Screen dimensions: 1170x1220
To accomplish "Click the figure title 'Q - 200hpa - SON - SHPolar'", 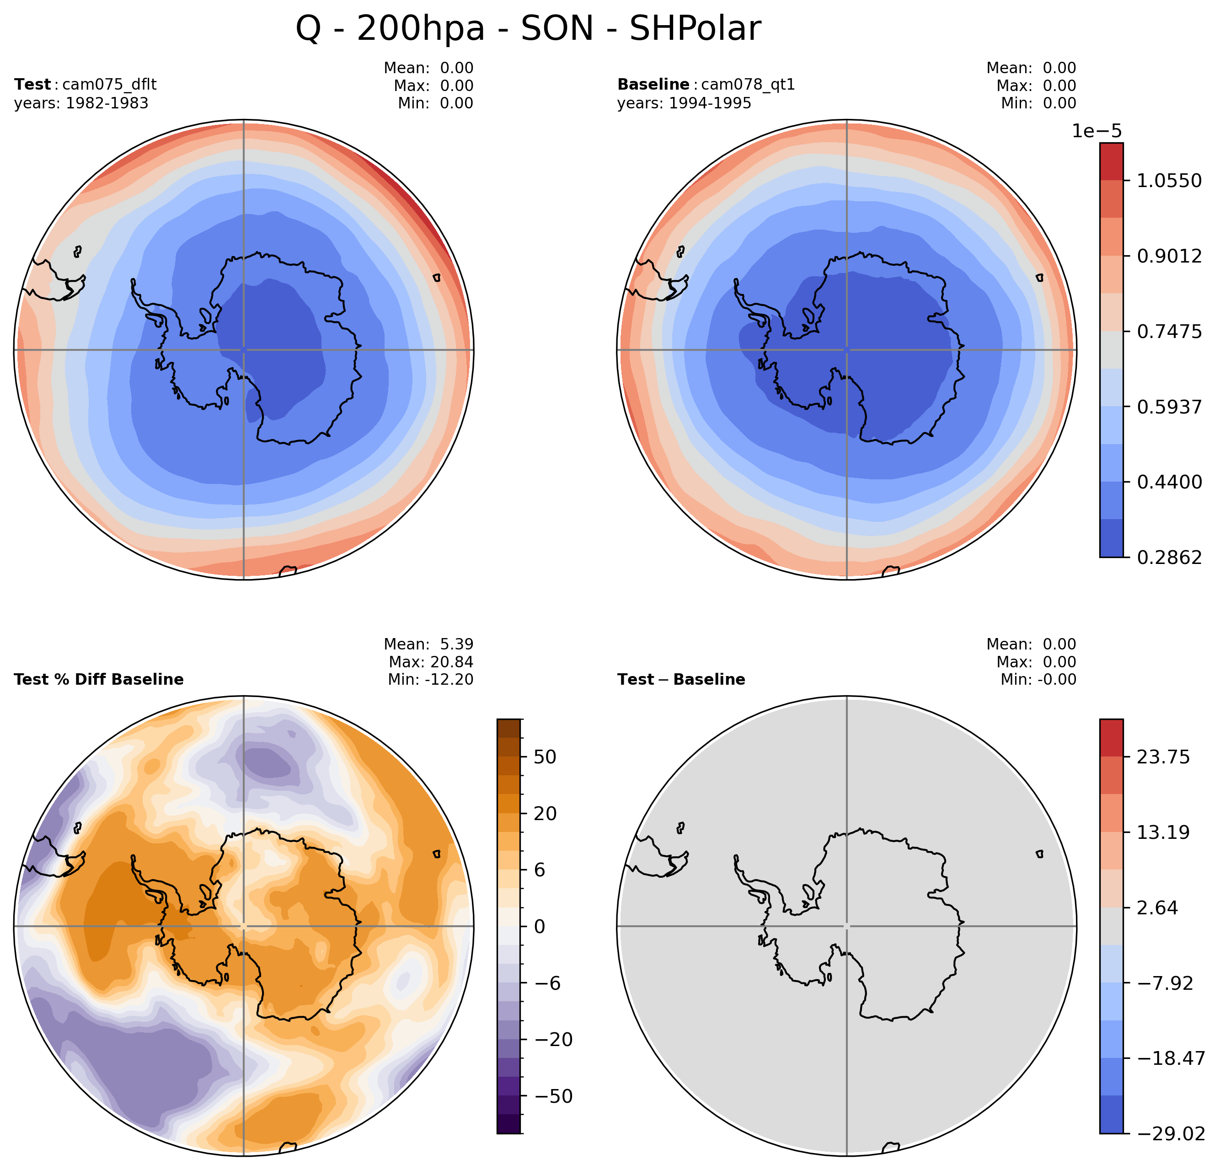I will click(528, 29).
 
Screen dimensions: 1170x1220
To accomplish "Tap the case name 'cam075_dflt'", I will click(110, 84).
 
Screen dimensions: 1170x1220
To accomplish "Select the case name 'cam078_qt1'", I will click(748, 84).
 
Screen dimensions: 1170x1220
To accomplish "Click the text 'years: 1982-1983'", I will click(81, 103).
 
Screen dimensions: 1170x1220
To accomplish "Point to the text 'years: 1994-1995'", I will click(684, 103).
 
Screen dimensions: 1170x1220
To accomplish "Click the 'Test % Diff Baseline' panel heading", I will click(99, 679).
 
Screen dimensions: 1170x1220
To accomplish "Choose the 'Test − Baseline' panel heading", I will click(681, 679).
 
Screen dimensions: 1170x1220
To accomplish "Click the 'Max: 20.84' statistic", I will click(431, 662).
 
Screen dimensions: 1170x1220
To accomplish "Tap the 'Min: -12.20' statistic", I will click(430, 679).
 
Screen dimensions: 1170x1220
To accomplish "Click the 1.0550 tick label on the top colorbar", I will click(1169, 181).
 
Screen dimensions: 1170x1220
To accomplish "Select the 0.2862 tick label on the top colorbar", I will click(1169, 557).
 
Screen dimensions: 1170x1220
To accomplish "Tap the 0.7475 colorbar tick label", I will click(1169, 332).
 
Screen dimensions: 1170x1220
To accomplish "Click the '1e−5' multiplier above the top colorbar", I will click(1097, 131).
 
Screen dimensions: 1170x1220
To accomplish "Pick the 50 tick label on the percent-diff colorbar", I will click(545, 757).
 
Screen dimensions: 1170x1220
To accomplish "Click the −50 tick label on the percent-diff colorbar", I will click(553, 1096).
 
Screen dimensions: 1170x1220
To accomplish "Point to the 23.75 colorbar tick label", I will click(1163, 757).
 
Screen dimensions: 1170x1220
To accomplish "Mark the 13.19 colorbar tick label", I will click(1163, 832).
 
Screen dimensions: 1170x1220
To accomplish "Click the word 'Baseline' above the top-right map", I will click(653, 84).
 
